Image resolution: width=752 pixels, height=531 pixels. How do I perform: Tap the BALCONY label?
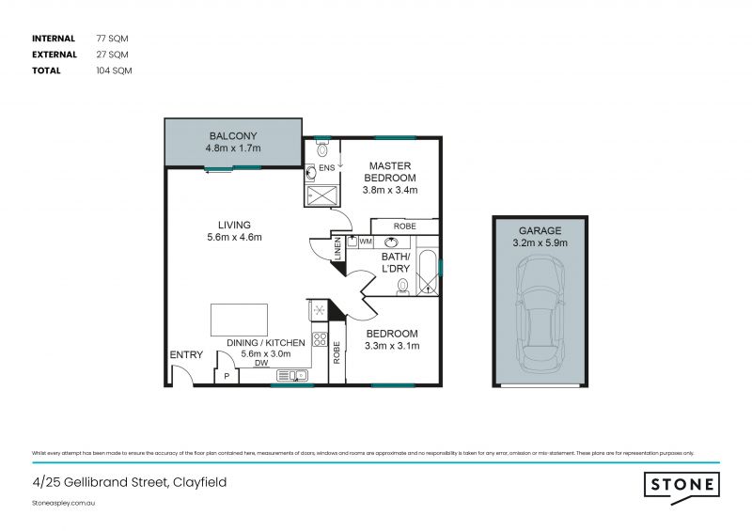coord(233,134)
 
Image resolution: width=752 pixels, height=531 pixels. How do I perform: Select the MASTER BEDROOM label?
coord(390,172)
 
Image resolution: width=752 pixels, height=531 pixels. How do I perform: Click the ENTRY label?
coord(185,354)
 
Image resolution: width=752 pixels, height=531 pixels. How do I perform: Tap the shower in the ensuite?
coord(321,194)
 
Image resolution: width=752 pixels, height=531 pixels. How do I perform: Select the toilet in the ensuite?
coord(321,148)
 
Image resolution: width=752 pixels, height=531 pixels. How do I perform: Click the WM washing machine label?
coord(366,242)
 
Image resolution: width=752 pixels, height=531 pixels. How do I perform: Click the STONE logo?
coord(682,484)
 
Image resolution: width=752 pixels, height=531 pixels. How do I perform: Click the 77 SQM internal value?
coord(111,39)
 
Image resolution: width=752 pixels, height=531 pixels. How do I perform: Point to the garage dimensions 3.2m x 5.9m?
coord(540,243)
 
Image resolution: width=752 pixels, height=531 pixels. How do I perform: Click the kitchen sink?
coord(293,376)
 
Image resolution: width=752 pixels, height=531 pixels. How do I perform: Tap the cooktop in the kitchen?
coord(319,339)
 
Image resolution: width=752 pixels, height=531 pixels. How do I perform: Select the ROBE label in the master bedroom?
coord(404,226)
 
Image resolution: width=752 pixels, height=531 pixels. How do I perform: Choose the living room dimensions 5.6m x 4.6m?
coord(234,238)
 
